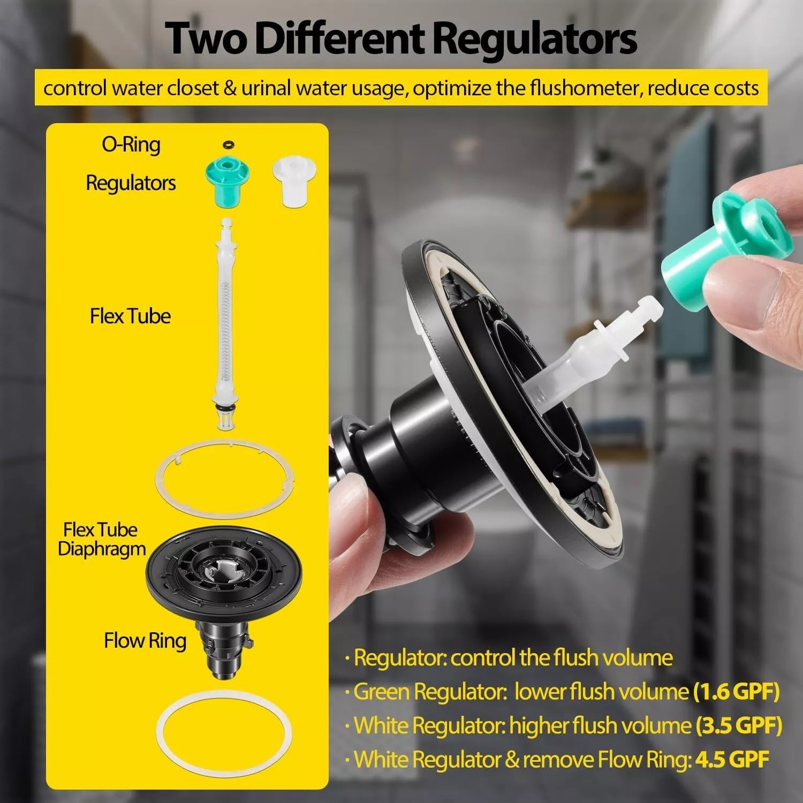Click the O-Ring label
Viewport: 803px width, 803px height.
coord(131,145)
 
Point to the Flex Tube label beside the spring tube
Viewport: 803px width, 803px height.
coord(130,316)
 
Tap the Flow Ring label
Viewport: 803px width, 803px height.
coord(145,640)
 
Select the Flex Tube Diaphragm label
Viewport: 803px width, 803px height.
coord(102,539)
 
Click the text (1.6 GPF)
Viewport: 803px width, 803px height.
coord(736,692)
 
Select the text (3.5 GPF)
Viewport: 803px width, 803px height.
coord(739,726)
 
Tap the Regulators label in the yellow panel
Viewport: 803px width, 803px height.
coord(131,183)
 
